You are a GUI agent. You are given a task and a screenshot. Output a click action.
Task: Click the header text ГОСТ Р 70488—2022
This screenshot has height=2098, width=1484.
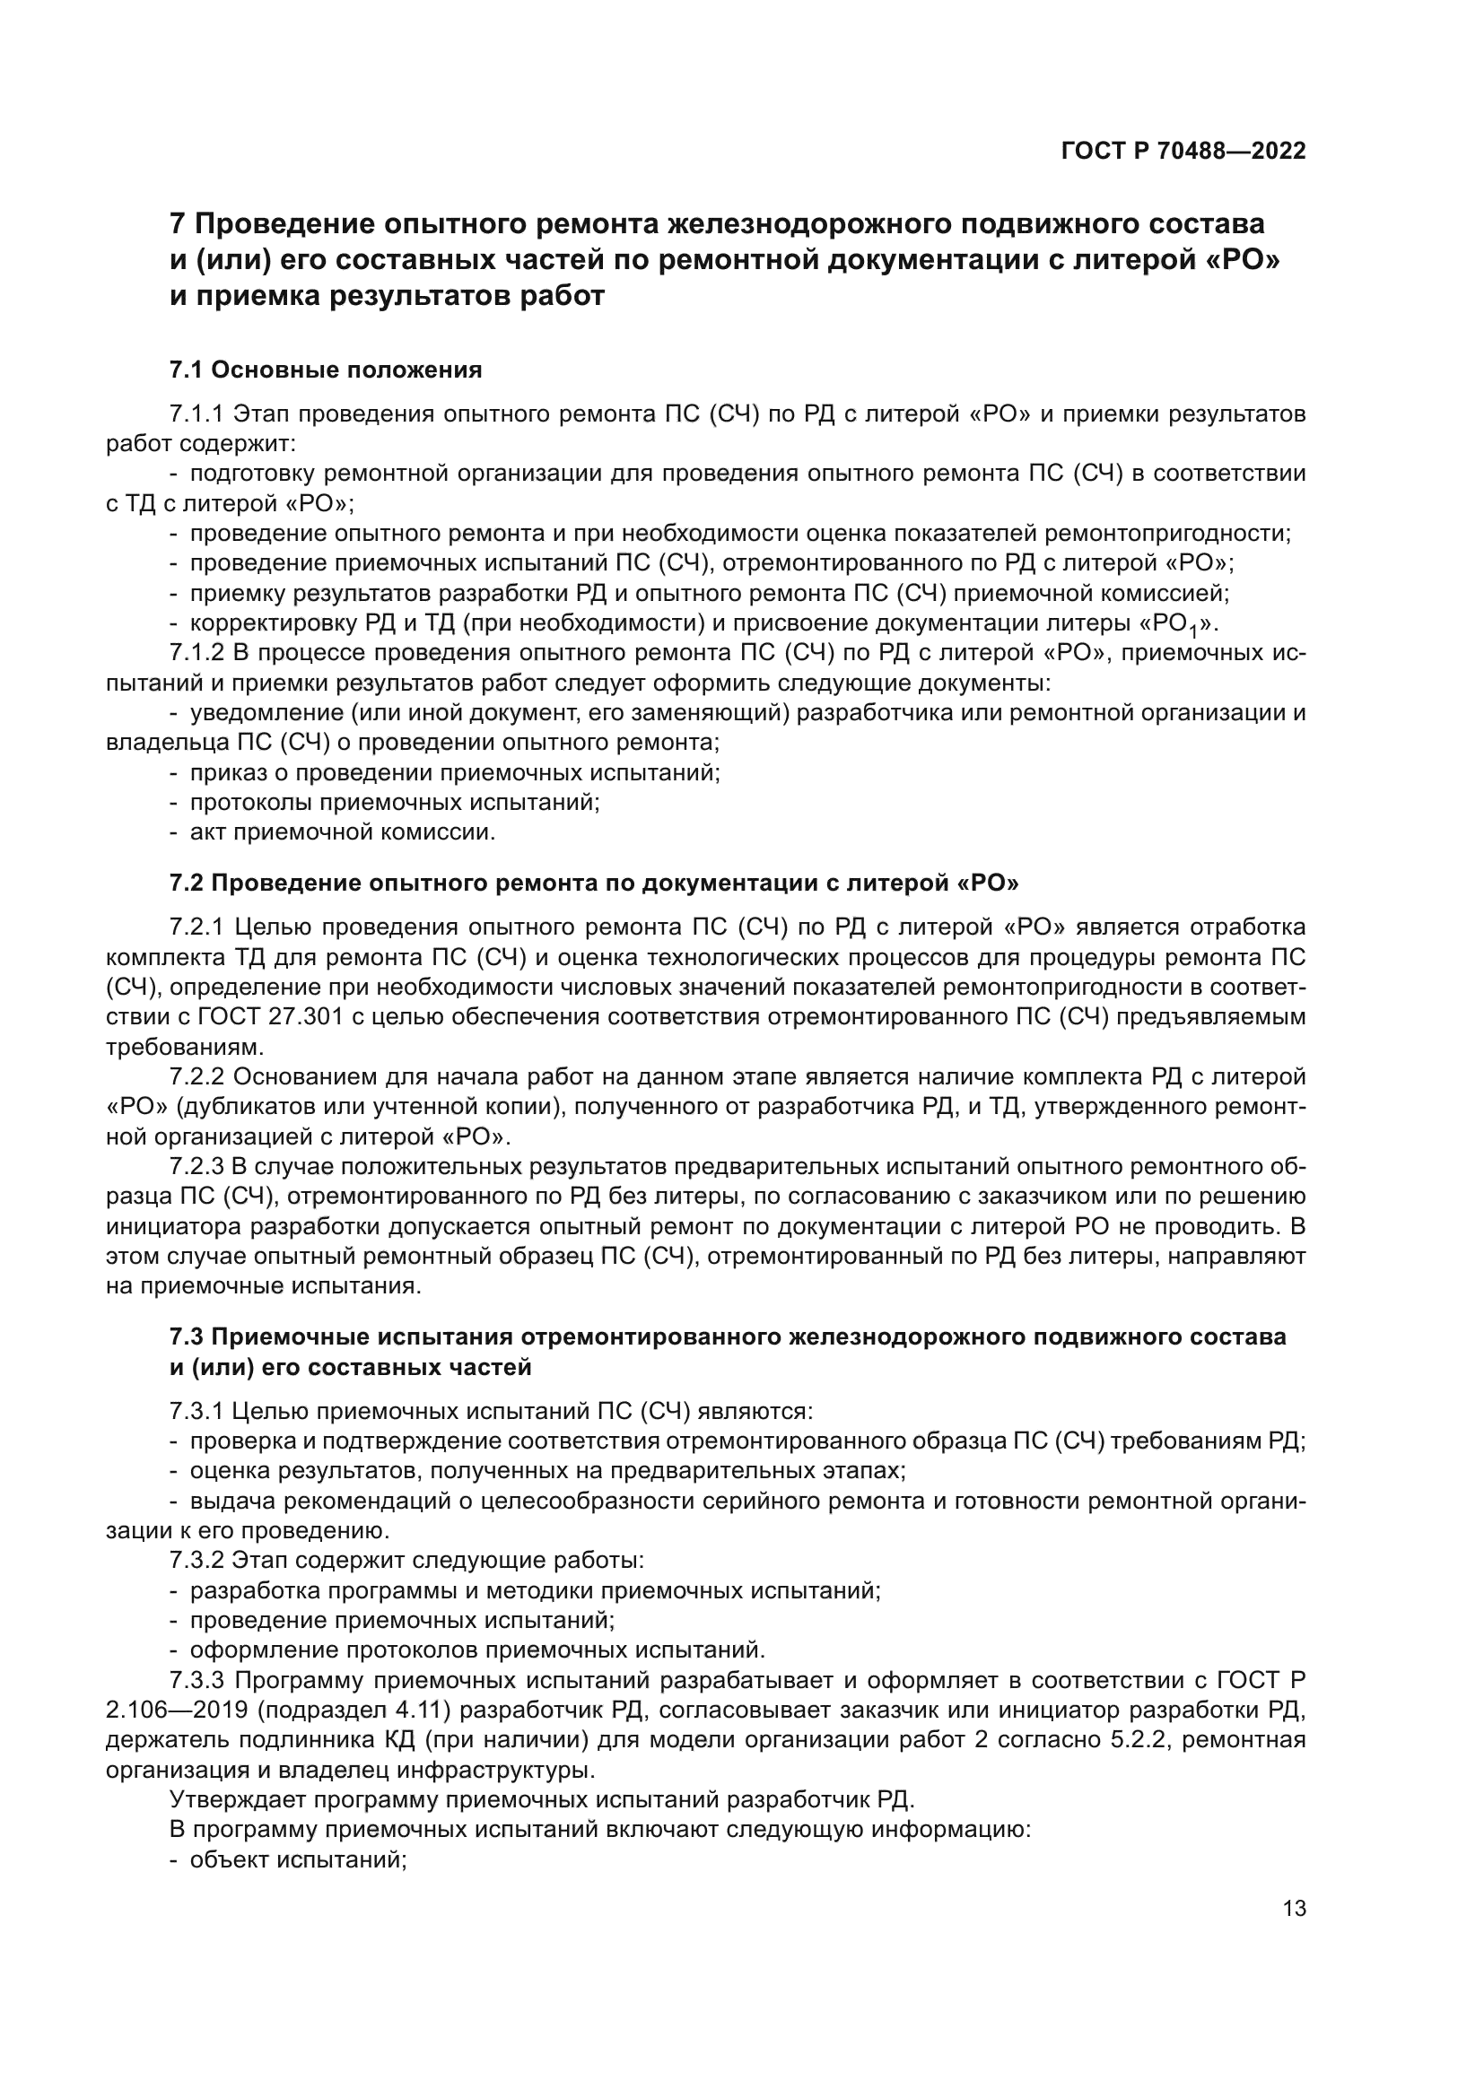[x=1183, y=151]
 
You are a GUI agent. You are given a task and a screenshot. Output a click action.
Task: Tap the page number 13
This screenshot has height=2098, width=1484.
[x=1294, y=1908]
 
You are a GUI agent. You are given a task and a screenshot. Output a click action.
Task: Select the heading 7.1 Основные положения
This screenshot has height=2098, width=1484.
[x=326, y=370]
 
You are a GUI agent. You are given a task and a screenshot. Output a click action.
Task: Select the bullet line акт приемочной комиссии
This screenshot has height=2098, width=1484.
[x=342, y=832]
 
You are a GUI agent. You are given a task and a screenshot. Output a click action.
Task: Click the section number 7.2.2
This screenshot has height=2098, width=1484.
[x=196, y=1076]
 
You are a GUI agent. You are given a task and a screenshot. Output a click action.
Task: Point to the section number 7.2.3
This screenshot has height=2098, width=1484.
[x=196, y=1167]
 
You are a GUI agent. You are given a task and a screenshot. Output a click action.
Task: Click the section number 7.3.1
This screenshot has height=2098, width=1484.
[x=196, y=1412]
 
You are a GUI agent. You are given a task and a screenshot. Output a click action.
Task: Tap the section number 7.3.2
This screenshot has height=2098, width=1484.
[x=196, y=1560]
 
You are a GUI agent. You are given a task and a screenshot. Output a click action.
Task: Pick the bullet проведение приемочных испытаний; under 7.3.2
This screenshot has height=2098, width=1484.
[x=401, y=1620]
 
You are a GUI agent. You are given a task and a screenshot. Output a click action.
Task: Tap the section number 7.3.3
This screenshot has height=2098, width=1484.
[x=196, y=1680]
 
